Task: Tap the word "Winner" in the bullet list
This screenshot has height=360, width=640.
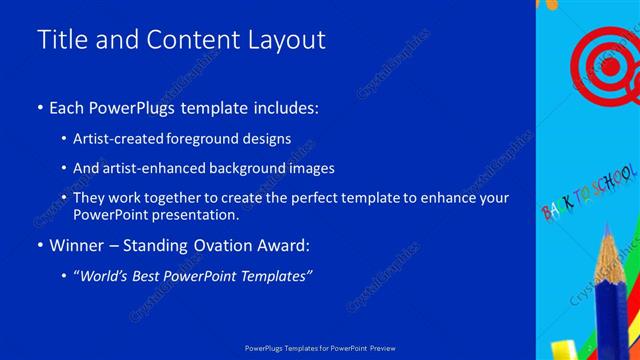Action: [77, 245]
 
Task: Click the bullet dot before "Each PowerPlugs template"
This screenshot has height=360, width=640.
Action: [39, 108]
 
